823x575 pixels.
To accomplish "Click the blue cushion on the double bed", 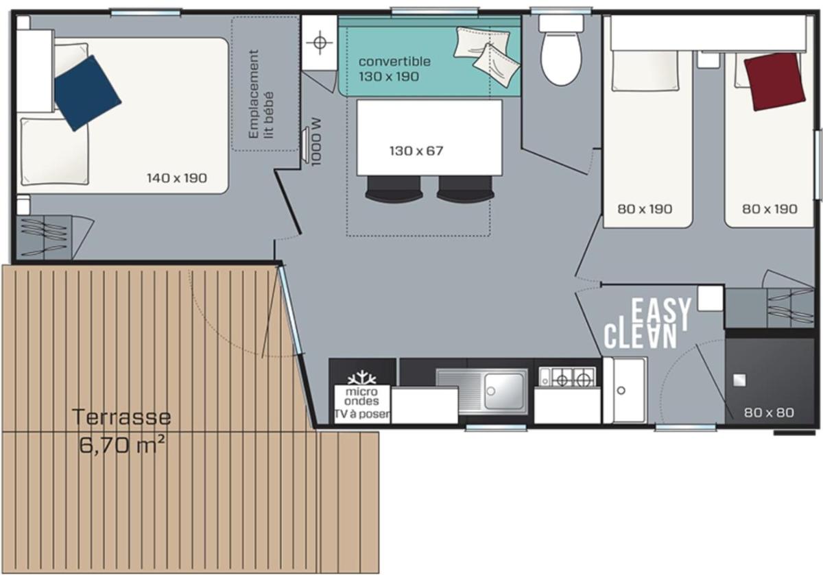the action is pos(88,93).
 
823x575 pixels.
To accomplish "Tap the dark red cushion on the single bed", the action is pos(774,82).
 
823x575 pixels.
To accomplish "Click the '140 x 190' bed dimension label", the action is pos(177,178).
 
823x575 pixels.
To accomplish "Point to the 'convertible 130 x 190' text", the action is pos(394,69).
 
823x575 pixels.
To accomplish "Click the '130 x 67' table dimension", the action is pos(416,151).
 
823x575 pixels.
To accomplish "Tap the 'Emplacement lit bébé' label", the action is pos(261,94).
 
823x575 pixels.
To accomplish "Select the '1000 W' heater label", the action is pos(316,142).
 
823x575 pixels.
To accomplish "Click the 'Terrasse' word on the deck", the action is pos(121,417).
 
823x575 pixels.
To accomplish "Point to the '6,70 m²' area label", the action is pos(122,445).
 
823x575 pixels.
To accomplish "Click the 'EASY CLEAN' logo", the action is pos(647,323).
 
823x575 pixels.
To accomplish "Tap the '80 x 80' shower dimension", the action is pos(769,413).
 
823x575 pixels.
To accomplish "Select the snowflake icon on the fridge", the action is pos(362,378).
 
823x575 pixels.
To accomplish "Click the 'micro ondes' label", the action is pos(362,396).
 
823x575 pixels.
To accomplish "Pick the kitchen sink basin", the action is pos(504,391).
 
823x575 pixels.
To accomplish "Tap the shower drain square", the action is pos(739,380).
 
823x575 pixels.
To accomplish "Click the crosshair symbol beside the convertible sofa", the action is pos(320,42).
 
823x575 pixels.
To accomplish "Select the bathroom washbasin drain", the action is pos(621,391).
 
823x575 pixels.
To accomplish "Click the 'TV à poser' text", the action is pos(362,414).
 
